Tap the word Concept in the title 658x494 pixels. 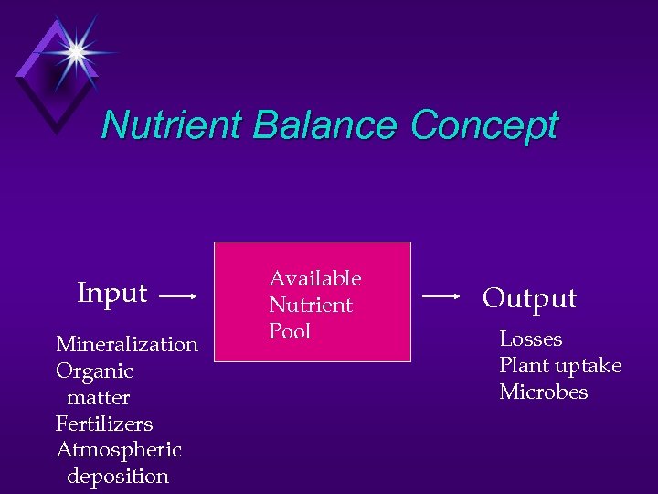coord(483,125)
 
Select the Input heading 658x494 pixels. coord(112,293)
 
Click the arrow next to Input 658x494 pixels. coord(179,296)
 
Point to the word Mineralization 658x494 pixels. coord(127,344)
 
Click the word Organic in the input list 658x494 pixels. coord(94,370)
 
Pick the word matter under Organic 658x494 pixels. coord(98,397)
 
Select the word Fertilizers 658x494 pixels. coord(104,424)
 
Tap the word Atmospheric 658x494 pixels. coord(119,450)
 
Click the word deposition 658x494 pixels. coord(118,477)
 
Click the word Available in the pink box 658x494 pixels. coord(314,278)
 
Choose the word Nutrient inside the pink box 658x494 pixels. coord(310,305)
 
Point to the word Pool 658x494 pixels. coord(290,331)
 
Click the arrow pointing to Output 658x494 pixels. coord(442,296)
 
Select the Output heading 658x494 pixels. coord(530,298)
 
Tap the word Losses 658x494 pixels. coord(530,339)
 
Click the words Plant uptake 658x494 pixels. coord(559,366)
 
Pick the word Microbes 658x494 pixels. coord(543,392)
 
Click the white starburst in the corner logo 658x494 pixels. coord(72,53)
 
